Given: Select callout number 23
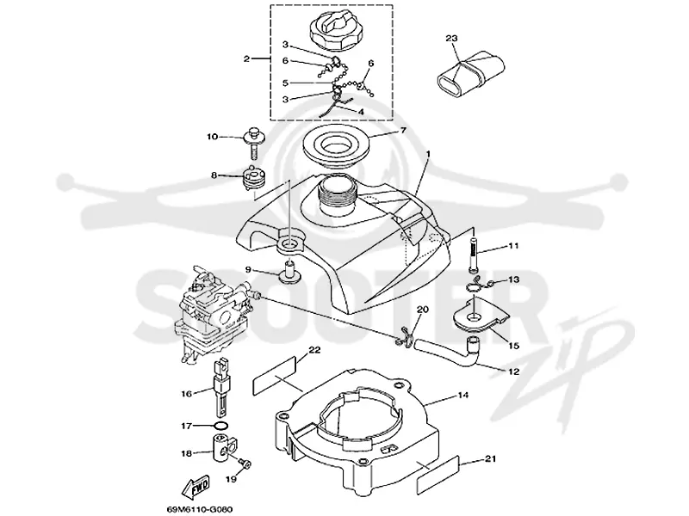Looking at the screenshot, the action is pyautogui.click(x=451, y=39).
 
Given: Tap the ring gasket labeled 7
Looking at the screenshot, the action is pyautogui.click(x=336, y=144).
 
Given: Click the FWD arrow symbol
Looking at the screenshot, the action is pyautogui.click(x=196, y=485).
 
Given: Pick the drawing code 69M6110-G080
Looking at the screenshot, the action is pyautogui.click(x=199, y=509).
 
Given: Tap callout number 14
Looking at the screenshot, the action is pyautogui.click(x=462, y=396).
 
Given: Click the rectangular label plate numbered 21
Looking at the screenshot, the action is pyautogui.click(x=437, y=475).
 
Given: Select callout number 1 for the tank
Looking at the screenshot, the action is pyautogui.click(x=428, y=154).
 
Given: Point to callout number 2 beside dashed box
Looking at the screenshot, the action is pyautogui.click(x=246, y=58).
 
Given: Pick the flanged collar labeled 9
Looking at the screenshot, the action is pyautogui.click(x=289, y=272).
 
